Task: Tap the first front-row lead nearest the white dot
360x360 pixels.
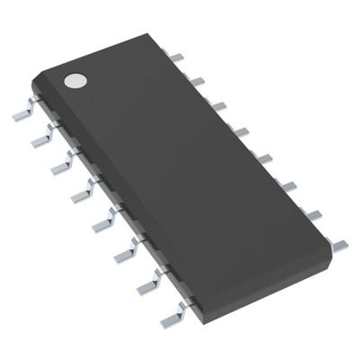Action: (22, 114)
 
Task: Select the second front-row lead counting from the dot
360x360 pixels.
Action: (42, 139)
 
